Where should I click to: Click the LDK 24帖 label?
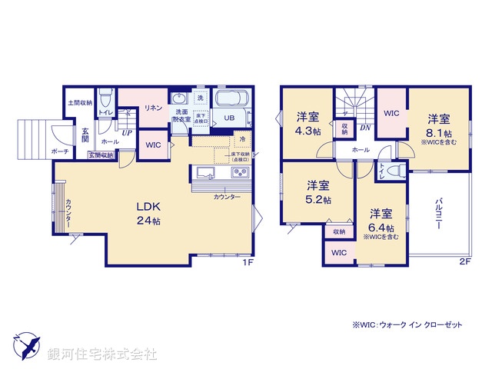pos(149,213)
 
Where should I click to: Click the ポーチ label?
pos(61,152)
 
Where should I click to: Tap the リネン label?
pos(152,108)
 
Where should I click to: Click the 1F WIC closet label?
pos(152,144)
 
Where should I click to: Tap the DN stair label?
pos(366,128)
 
